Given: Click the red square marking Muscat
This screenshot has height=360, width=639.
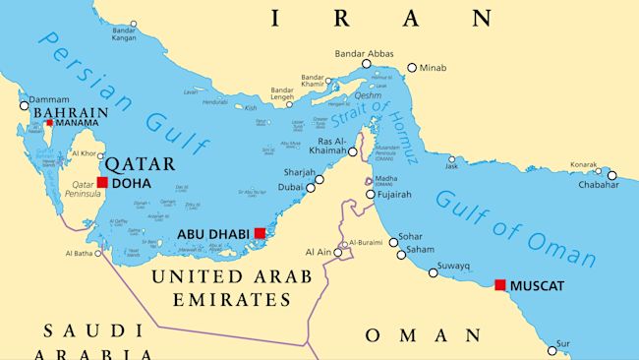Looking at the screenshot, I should (500, 285).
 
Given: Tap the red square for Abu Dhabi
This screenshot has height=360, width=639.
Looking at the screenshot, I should (260, 233).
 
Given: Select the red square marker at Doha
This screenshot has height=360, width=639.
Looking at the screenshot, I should (102, 182).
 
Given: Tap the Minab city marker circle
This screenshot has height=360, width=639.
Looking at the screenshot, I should (412, 68).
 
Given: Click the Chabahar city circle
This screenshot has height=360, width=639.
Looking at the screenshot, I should (611, 176).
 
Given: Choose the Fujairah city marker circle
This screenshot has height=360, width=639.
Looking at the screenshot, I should (371, 195).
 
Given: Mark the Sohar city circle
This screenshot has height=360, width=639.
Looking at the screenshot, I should (392, 240).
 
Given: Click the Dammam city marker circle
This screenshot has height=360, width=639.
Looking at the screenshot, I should (24, 105).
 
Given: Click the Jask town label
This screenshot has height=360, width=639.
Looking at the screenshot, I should (451, 166).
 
